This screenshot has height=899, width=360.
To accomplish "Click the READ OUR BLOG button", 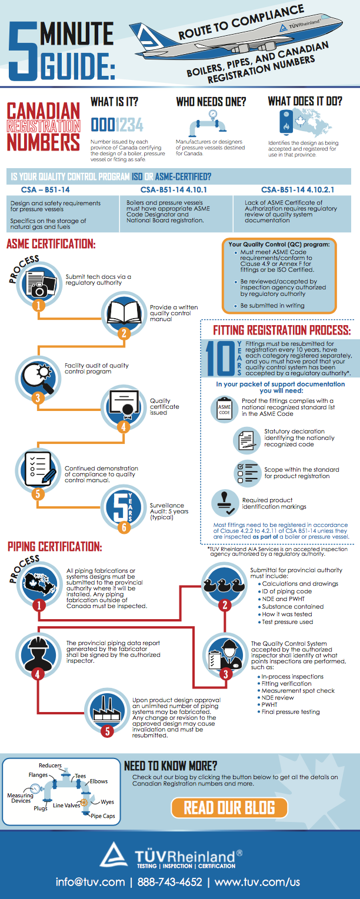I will click(x=229, y=807).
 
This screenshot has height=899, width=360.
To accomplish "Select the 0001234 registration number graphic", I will click(x=116, y=125).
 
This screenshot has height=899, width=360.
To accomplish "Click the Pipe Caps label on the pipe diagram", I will click(x=102, y=816).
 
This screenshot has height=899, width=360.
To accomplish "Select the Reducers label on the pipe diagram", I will click(x=50, y=766).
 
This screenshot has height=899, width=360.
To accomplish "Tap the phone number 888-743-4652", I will click(x=169, y=882).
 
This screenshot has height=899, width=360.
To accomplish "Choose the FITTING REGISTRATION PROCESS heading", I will click(x=282, y=329).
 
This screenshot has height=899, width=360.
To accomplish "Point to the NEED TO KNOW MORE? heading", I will click(x=171, y=766).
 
